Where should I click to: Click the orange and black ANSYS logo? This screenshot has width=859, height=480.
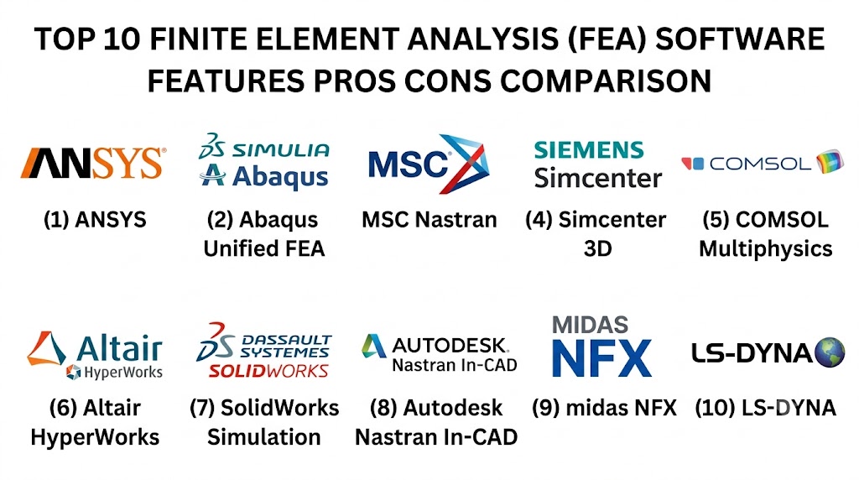click(x=93, y=163)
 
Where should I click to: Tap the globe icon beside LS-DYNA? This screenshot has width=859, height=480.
click(x=830, y=352)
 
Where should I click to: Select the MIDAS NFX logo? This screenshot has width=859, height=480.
click(x=601, y=347)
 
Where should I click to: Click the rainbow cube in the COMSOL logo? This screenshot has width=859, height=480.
click(x=829, y=161)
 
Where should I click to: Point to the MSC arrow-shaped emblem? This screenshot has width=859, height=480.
click(x=463, y=164)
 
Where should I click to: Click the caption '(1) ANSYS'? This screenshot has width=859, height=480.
click(x=95, y=220)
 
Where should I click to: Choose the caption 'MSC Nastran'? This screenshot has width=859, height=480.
click(x=429, y=220)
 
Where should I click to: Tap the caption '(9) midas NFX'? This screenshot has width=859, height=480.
click(x=604, y=408)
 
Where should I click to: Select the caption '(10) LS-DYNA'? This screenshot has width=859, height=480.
click(x=765, y=408)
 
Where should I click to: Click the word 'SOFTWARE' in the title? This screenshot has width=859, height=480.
click(x=740, y=39)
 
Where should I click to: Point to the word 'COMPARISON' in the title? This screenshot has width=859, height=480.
click(x=606, y=81)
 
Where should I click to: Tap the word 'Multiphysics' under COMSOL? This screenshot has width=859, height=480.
click(x=765, y=248)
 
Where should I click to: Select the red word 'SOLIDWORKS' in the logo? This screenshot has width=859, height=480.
click(x=268, y=371)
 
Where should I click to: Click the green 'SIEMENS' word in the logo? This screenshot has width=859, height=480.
click(x=589, y=149)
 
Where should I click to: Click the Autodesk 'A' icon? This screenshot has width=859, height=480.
click(x=373, y=346)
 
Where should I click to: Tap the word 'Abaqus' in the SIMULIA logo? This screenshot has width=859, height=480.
click(x=280, y=177)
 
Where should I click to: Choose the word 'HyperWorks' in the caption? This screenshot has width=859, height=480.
click(x=95, y=437)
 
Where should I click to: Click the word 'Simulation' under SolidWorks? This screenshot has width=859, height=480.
click(x=264, y=437)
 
